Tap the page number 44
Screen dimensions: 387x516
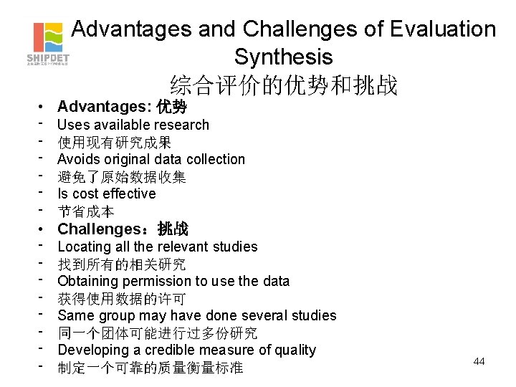coord(479,361)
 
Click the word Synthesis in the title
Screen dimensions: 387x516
coord(283,57)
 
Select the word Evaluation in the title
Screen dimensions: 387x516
coord(443,29)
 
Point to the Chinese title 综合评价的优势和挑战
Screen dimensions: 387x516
coord(283,85)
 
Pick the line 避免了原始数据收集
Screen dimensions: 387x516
coord(121,177)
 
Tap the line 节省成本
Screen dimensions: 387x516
coord(86,211)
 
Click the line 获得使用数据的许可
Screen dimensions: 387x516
coord(121,299)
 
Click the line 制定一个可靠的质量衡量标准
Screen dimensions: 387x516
coord(150,368)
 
